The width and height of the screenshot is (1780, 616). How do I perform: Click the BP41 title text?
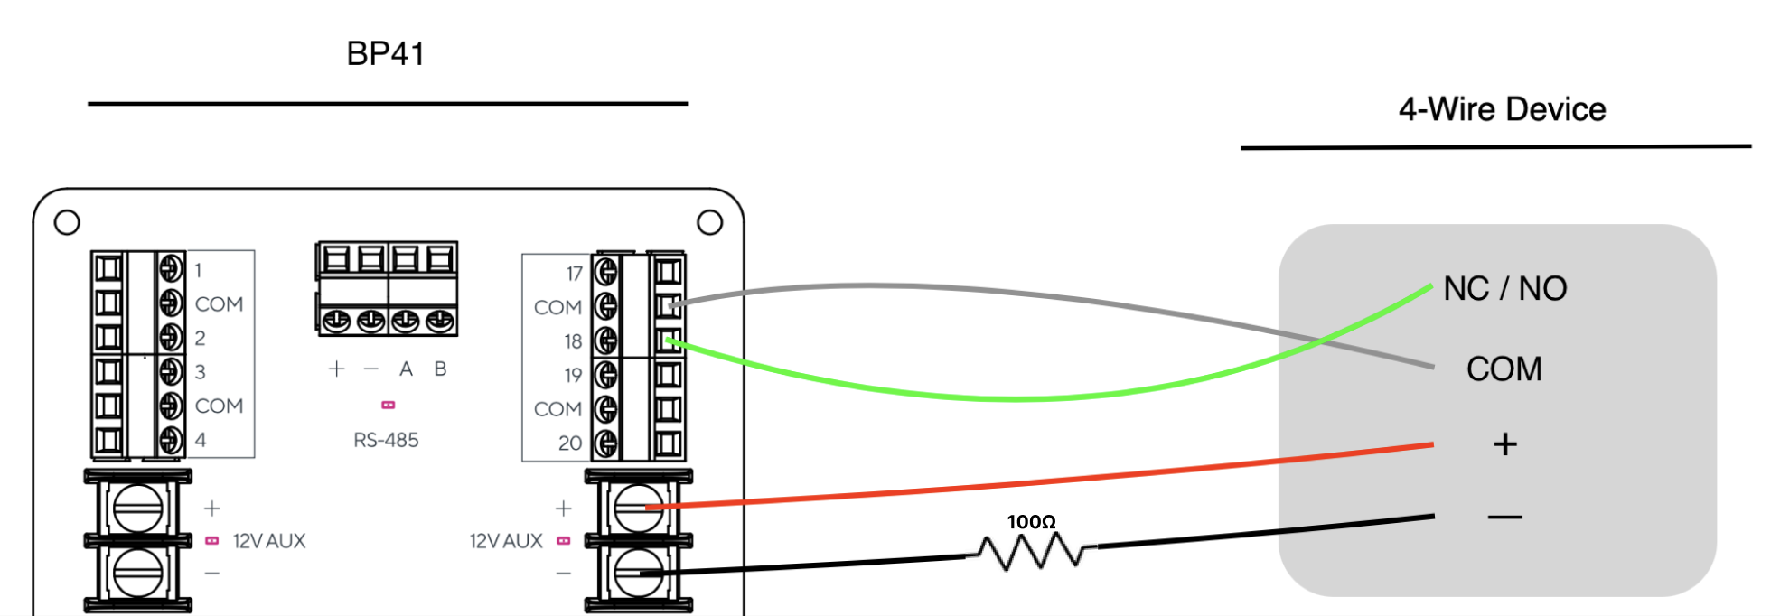click(x=385, y=54)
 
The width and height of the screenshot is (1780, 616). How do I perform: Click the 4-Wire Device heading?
click(x=1502, y=110)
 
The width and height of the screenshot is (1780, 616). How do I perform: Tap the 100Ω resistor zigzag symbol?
click(x=1031, y=551)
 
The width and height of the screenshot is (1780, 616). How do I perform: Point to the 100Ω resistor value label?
click(x=1031, y=522)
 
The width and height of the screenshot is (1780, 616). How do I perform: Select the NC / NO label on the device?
click(x=1504, y=289)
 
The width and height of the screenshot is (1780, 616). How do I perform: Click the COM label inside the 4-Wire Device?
click(x=1504, y=369)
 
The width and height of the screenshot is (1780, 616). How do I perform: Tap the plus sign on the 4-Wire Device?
click(x=1504, y=444)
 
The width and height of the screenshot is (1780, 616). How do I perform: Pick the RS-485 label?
click(x=386, y=441)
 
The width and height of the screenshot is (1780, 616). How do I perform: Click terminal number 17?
click(x=574, y=274)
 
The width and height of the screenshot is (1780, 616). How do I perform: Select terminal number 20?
click(x=569, y=443)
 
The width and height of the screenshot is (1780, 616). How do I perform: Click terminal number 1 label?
click(x=199, y=270)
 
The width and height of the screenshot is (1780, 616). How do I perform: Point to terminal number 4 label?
click(x=201, y=440)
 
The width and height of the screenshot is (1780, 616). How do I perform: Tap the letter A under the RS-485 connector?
click(x=406, y=369)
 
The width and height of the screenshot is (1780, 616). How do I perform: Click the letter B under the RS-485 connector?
click(x=440, y=369)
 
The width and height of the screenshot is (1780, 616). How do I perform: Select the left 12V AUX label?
click(x=268, y=541)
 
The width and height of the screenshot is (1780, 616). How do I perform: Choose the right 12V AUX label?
click(x=506, y=541)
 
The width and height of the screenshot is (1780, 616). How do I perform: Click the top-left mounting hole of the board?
click(x=67, y=222)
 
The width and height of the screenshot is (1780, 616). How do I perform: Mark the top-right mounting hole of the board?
click(x=710, y=222)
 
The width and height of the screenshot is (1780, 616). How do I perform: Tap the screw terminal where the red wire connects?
click(x=638, y=508)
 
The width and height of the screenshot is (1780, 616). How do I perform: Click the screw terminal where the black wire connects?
click(x=638, y=573)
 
